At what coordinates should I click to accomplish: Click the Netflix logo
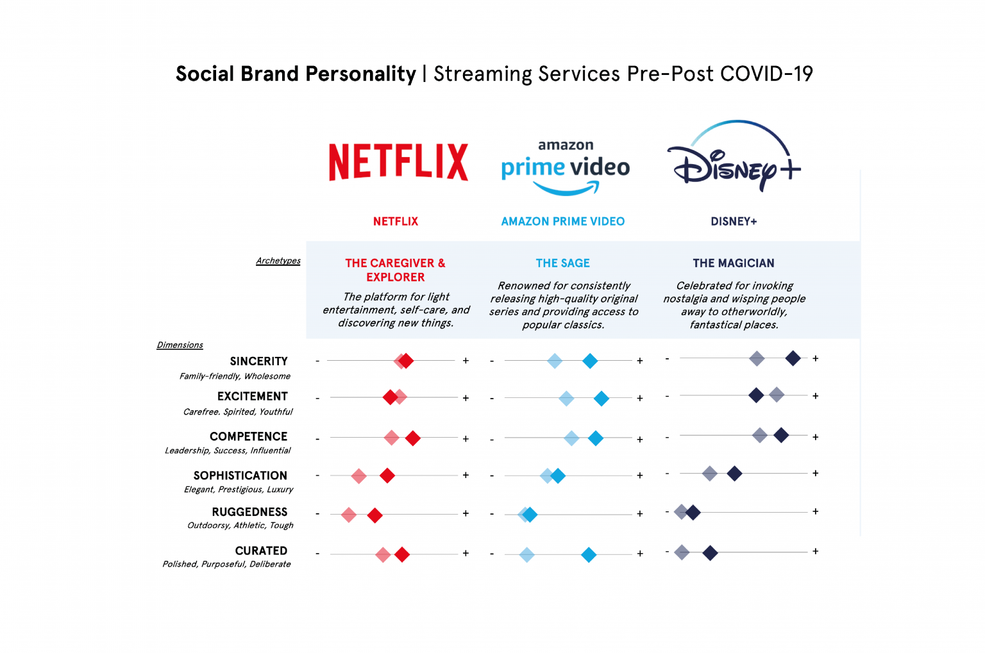398,161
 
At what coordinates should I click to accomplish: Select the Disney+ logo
734,158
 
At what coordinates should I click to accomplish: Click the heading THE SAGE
562,263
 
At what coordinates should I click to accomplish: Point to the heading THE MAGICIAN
734,263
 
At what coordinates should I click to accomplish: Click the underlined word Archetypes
278,261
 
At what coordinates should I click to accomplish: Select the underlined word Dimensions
180,345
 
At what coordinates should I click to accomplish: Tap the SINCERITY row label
258,361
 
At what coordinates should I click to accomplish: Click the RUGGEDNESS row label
249,512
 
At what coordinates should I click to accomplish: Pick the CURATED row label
261,551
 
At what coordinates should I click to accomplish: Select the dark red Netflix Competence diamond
413,438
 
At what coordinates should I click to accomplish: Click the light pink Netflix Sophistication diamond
359,476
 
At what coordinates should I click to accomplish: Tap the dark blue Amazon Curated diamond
589,555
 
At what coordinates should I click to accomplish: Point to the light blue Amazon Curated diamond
526,555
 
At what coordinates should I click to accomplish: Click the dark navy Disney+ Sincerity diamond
793,358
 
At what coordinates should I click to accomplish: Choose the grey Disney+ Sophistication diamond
710,474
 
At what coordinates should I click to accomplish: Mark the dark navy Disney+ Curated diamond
710,552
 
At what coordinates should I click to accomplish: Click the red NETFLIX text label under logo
396,222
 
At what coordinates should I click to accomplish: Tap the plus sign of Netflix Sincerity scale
466,361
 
